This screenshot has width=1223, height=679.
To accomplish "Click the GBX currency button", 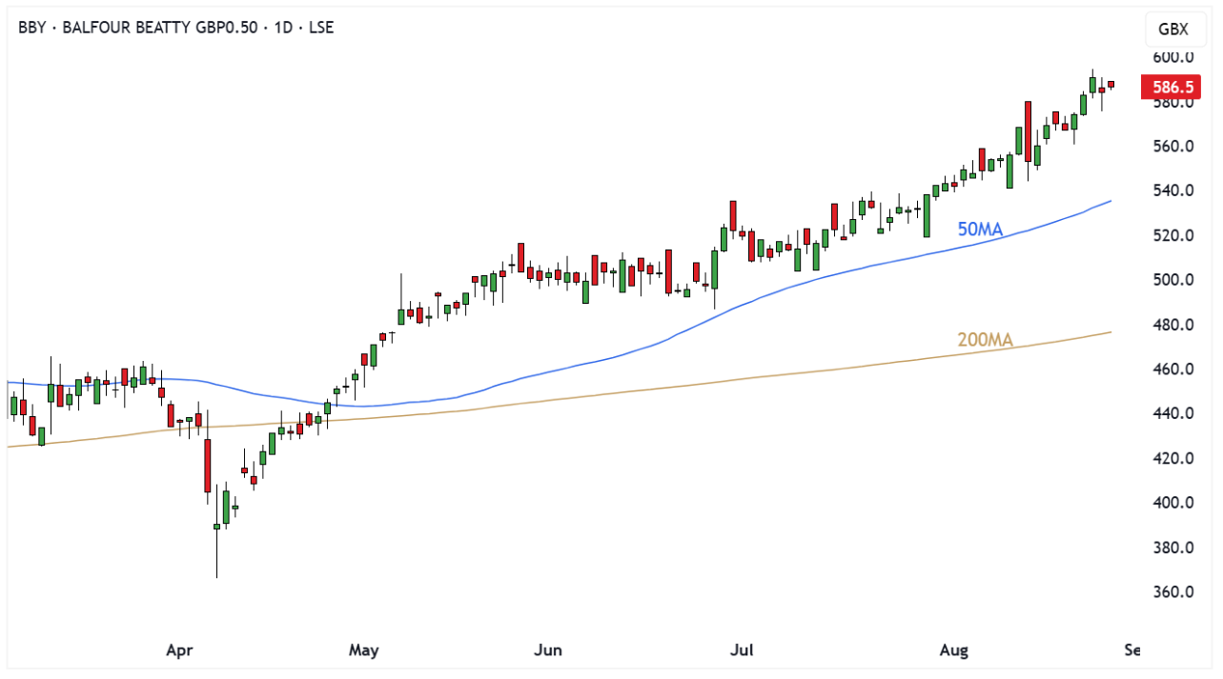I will (x=1172, y=29).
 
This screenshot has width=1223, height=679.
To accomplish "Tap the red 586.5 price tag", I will (x=1172, y=88).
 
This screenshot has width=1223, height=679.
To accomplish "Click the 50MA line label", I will (x=980, y=229).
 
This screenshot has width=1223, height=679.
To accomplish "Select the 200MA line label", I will (x=985, y=340).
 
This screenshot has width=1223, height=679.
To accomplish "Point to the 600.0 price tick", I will (x=1172, y=57).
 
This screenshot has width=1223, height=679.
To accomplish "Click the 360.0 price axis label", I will (x=1172, y=591).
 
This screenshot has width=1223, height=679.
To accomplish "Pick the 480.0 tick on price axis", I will (x=1172, y=325).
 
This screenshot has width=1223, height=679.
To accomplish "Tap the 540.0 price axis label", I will (x=1172, y=190).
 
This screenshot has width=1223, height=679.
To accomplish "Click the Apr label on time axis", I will (x=179, y=650).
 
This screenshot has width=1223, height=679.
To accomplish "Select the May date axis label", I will (x=363, y=650).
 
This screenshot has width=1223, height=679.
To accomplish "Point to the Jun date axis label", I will (x=548, y=650).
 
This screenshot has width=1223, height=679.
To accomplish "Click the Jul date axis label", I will (x=742, y=650).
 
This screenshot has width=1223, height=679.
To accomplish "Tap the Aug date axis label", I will (x=953, y=650).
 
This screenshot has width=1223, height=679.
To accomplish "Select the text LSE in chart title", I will (x=321, y=27).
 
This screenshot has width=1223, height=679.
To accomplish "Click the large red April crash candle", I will (x=207, y=467).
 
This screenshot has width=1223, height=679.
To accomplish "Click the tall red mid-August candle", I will (x=1029, y=131).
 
